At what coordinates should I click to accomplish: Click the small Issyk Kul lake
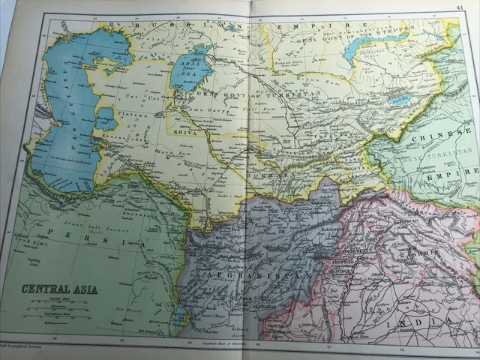(395, 98)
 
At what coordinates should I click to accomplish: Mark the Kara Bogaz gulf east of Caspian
(106, 118)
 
